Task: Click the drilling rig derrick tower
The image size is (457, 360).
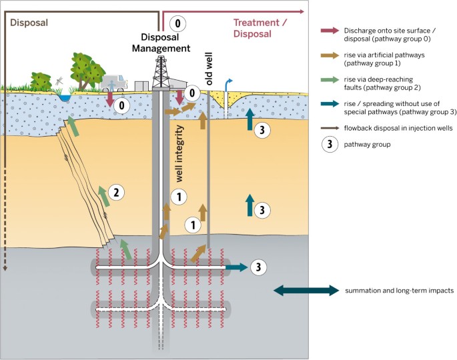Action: [159, 69]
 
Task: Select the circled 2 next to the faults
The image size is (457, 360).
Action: [116, 193]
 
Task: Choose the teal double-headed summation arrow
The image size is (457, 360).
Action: [306, 290]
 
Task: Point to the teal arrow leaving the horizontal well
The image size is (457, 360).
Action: [235, 267]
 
